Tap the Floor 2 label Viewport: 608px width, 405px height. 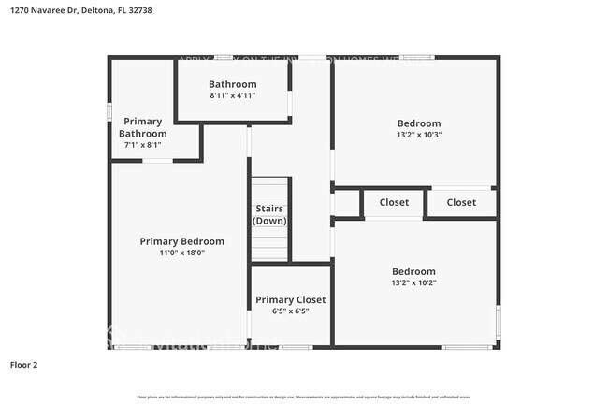[x=23, y=364]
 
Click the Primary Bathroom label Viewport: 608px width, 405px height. [x=142, y=127]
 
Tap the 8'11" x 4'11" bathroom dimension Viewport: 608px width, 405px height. [x=232, y=95]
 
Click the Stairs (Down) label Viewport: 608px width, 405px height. [x=269, y=214]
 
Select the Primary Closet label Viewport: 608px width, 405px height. [x=290, y=299]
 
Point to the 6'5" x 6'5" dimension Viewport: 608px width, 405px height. [x=290, y=311]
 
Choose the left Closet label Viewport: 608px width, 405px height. [x=394, y=202]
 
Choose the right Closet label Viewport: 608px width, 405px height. [x=461, y=202]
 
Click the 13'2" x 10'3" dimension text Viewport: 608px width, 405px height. [x=418, y=135]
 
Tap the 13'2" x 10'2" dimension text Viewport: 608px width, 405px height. [x=413, y=282]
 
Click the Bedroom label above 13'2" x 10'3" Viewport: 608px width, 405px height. [x=418, y=123]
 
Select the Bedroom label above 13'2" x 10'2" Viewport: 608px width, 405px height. [x=413, y=271]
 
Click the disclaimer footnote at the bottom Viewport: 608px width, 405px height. [x=303, y=397]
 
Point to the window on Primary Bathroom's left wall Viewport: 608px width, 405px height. [x=109, y=112]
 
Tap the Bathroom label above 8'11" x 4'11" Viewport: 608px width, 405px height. [x=232, y=84]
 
